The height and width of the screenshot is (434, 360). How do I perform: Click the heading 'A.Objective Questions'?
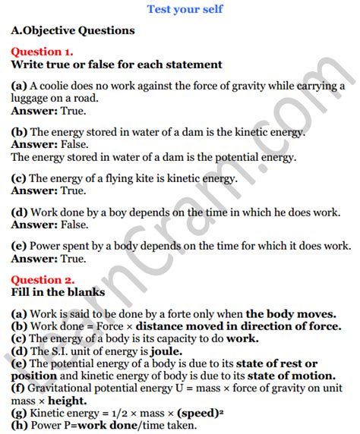73,31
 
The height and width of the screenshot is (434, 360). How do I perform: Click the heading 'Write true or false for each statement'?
116,64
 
